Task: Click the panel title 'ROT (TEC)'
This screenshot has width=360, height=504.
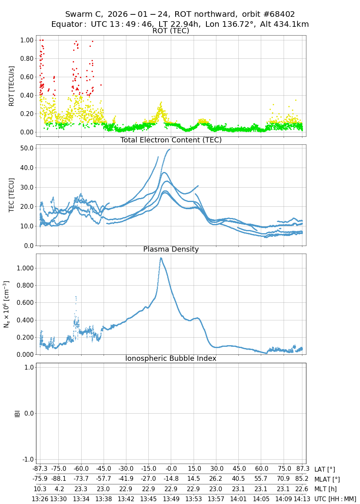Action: pyautogui.click(x=171, y=31)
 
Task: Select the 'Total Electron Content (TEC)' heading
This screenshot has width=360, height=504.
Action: pyautogui.click(x=171, y=140)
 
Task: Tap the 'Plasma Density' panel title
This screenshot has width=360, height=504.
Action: pyautogui.click(x=171, y=249)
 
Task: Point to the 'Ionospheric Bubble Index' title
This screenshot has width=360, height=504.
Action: pyautogui.click(x=171, y=358)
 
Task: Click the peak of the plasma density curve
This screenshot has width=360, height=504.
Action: pyautogui.click(x=161, y=258)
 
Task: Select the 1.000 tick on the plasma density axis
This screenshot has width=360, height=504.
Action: pyautogui.click(x=24, y=268)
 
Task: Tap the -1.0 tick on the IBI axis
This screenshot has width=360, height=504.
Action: pyautogui.click(x=27, y=459)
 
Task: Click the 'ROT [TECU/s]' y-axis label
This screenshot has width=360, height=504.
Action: pyautogui.click(x=12, y=86)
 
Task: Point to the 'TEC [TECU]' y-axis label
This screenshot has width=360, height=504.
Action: pyautogui.click(x=12, y=195)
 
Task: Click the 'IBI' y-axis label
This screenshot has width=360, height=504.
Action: pyautogui.click(x=17, y=413)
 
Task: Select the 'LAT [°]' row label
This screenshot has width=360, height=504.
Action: pyautogui.click(x=324, y=470)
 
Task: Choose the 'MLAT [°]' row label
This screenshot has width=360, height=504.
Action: pyautogui.click(x=327, y=479)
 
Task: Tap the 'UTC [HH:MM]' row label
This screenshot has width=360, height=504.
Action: pyautogui.click(x=335, y=499)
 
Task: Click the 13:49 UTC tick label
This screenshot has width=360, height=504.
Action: pyautogui.click(x=171, y=499)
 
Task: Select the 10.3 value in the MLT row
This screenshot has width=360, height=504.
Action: pyautogui.click(x=40, y=489)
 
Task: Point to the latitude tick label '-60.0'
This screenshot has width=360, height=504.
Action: pyautogui.click(x=81, y=470)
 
